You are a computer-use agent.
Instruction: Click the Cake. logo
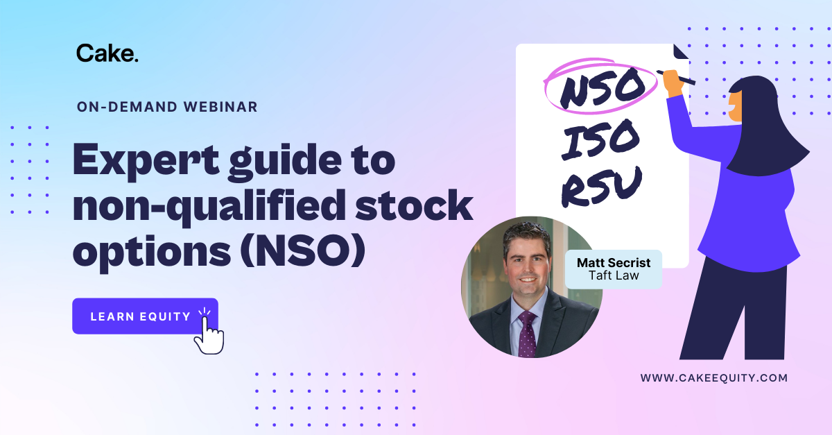coord(107,53)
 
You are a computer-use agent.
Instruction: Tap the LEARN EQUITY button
coord(145,316)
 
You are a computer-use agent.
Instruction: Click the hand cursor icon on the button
coord(209,332)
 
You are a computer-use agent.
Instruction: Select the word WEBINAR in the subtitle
coord(220,107)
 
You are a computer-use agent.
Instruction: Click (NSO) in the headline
coord(303,250)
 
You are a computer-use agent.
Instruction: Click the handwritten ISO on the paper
coord(600,139)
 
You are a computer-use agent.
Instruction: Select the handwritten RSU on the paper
coord(601,187)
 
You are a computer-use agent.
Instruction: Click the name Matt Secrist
coord(614,263)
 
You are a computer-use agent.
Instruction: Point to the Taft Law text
coord(614,275)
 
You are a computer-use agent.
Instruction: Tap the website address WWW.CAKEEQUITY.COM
coord(714,377)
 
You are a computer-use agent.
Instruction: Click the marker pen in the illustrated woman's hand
coord(676,77)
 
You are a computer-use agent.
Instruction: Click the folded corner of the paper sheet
coord(681,51)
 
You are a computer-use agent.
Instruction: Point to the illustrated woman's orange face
coord(735,106)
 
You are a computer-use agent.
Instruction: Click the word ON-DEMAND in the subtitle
coord(127,107)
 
